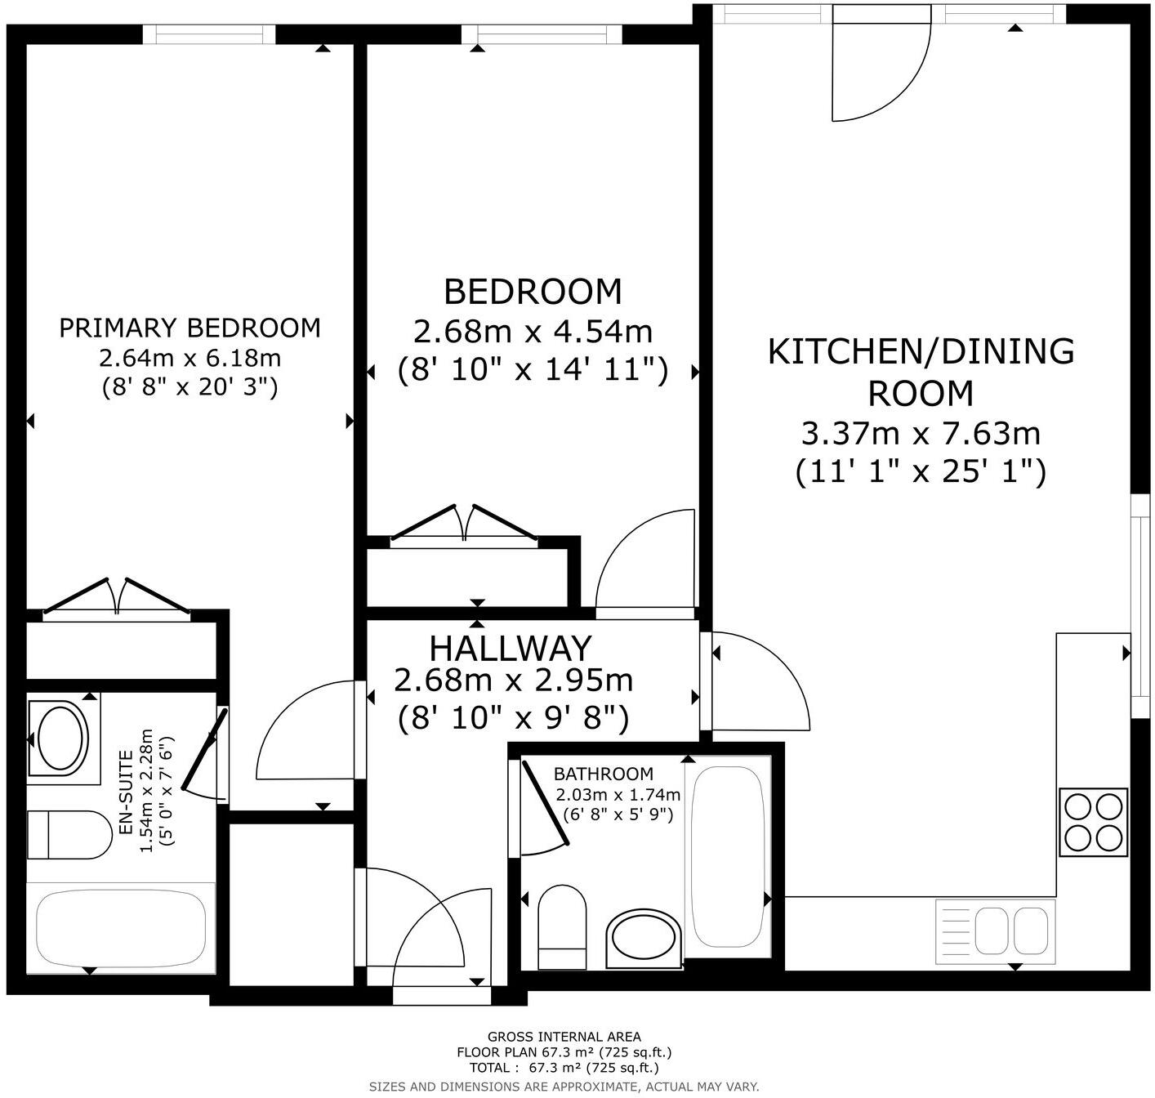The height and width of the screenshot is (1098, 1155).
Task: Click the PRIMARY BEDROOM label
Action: (x=190, y=328)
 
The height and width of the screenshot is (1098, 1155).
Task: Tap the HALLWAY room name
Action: (x=510, y=648)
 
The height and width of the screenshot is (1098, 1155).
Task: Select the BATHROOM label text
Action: (x=603, y=774)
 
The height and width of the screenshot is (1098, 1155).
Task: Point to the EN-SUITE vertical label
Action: (x=126, y=792)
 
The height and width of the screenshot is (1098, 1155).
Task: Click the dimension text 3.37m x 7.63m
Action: (x=921, y=433)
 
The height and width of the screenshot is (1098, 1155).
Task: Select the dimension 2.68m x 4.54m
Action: (x=533, y=332)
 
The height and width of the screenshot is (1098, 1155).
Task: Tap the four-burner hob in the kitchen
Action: (x=1093, y=822)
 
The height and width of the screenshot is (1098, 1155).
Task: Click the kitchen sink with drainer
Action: (x=995, y=931)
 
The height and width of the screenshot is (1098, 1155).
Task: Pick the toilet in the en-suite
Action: (x=69, y=835)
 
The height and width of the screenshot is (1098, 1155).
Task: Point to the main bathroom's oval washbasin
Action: (x=644, y=939)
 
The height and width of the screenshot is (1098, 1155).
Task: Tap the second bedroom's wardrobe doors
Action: (x=464, y=523)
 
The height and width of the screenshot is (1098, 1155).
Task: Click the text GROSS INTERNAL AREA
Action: (x=564, y=1037)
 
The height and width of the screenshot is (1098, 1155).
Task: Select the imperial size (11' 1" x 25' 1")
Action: (x=921, y=471)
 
